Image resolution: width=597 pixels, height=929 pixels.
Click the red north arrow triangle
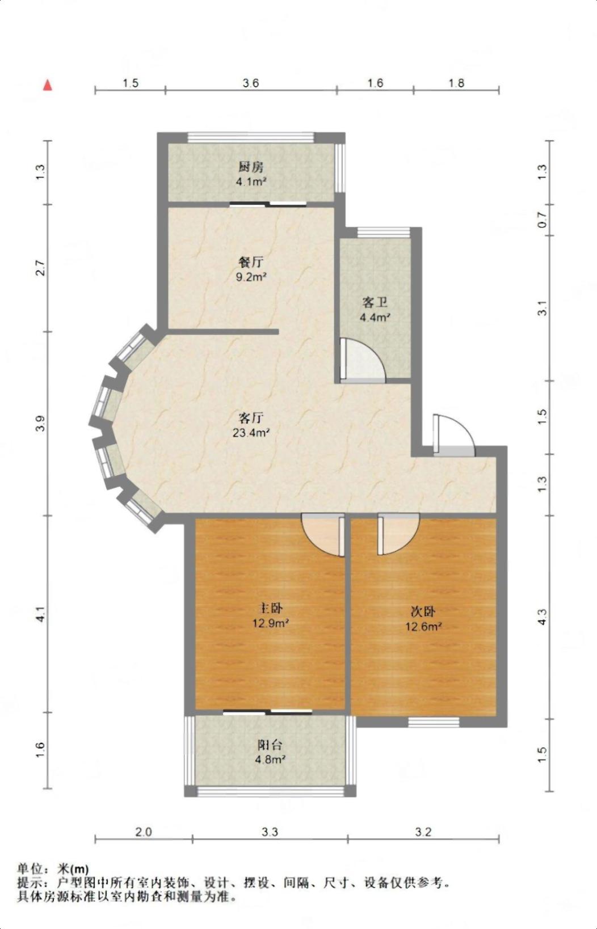coord(48,86)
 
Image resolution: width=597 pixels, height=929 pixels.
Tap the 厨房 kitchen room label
coord(251,167)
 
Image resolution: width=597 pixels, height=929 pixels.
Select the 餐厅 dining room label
coord(251,263)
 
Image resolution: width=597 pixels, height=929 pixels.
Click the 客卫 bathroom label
coord(375,302)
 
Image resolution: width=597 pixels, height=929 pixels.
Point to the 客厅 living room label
coord(251,417)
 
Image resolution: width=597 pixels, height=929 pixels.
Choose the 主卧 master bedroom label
coord(271,608)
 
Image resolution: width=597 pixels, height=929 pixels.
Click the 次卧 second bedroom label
coord(423,611)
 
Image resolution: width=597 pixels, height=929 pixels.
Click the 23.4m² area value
coord(251,433)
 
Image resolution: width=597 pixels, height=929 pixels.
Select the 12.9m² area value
coord(271,623)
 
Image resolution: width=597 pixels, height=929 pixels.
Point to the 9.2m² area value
coord(251,277)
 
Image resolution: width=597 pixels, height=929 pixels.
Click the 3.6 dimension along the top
coord(251,83)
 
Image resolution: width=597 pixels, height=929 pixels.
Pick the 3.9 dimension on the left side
coord(40,424)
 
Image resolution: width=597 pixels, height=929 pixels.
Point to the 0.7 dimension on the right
coord(542,220)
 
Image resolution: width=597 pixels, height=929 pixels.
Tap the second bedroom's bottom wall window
coord(434,723)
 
